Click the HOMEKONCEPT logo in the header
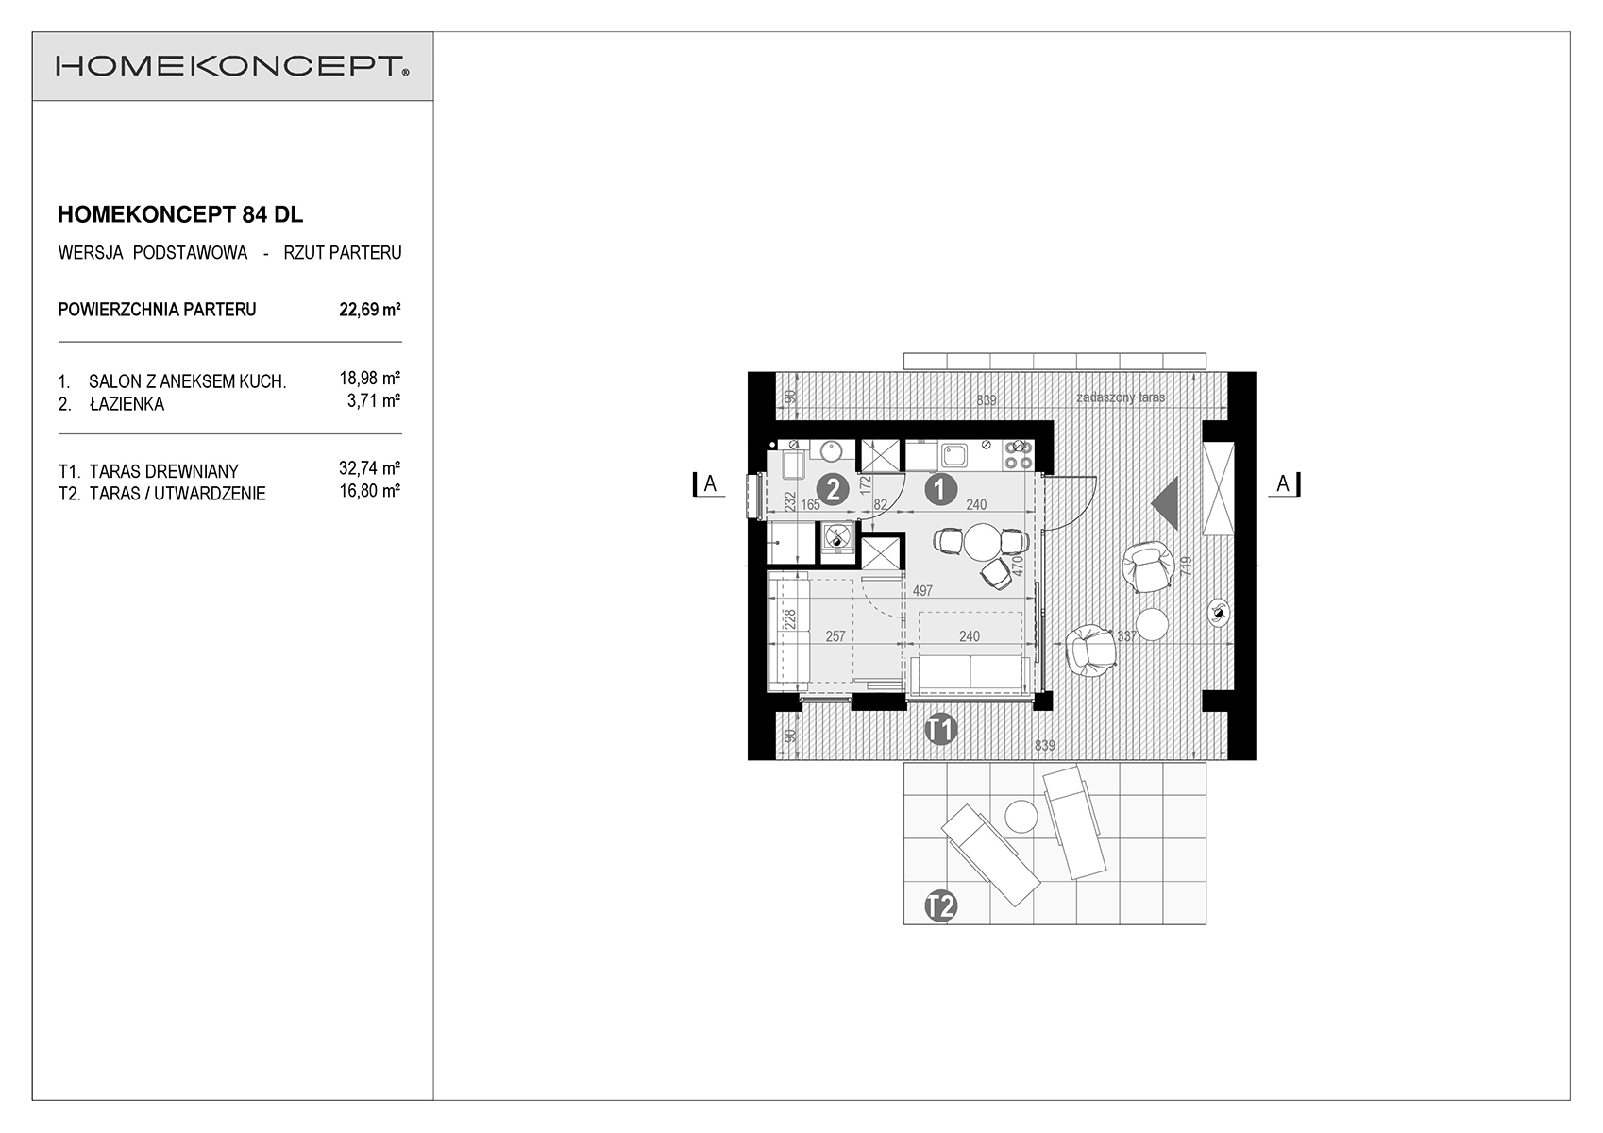[232, 66]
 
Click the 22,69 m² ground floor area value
[369, 310]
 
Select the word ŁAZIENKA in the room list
[127, 404]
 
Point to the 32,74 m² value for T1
[369, 468]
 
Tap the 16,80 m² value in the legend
[369, 491]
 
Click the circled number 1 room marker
[940, 490]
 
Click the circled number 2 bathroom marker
[833, 490]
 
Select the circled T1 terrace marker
[940, 729]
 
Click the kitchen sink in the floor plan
[953, 455]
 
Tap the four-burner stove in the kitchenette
[1019, 454]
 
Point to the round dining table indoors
[982, 543]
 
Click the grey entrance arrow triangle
[1166, 504]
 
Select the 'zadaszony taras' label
[1121, 397]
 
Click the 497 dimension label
[922, 591]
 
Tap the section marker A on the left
[709, 484]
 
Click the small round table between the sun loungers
[1021, 816]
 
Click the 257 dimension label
[835, 636]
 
